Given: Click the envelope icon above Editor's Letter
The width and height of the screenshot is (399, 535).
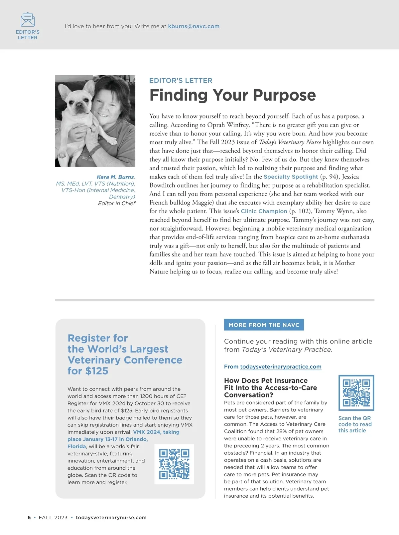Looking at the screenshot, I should (x=28, y=20).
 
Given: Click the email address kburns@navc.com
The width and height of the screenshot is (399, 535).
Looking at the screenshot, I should (x=194, y=26).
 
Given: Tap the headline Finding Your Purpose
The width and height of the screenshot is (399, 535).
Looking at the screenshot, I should (x=232, y=95).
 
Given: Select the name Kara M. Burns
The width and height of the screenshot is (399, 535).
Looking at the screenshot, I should (x=115, y=177).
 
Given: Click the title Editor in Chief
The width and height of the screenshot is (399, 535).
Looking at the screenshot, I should (x=117, y=203).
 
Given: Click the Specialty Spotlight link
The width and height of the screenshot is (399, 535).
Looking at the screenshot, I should (x=291, y=177).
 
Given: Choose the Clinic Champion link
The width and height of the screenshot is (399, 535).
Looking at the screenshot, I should (x=264, y=211).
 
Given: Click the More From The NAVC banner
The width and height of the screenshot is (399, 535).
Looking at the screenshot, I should (x=264, y=325).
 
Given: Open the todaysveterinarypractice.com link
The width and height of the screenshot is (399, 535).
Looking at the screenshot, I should (x=281, y=367).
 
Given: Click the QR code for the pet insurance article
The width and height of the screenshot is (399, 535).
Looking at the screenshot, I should (x=356, y=393).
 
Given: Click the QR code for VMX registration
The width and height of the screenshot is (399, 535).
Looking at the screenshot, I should (x=174, y=464).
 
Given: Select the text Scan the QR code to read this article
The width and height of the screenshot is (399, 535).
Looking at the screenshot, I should (x=355, y=424).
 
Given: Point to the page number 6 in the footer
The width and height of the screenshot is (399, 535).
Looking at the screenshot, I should (x=29, y=517).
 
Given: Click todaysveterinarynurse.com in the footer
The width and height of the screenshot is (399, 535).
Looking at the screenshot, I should (x=111, y=517).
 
